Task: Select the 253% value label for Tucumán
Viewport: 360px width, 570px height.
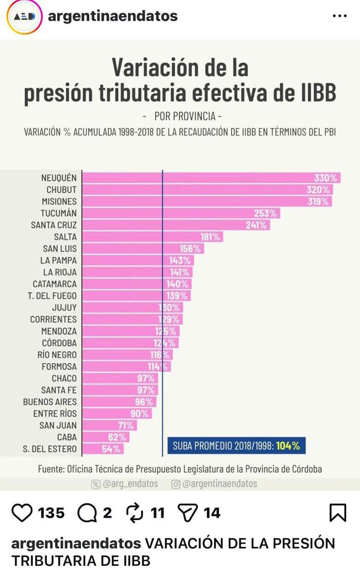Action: (x=265, y=213)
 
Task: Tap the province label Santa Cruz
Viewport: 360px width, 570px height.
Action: (x=54, y=225)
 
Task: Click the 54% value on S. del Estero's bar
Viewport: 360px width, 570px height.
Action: (x=111, y=449)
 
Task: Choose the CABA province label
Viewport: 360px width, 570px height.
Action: (x=66, y=437)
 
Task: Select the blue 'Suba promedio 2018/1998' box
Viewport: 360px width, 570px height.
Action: (x=236, y=446)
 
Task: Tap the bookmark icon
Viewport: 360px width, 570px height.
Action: (x=338, y=513)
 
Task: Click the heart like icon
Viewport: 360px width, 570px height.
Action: (x=22, y=513)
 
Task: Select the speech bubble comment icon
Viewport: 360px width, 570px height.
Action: (x=86, y=513)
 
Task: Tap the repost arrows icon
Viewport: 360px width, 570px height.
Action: (x=135, y=513)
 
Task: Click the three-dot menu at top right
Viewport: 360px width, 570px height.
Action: (x=339, y=16)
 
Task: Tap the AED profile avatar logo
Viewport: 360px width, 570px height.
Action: (x=24, y=16)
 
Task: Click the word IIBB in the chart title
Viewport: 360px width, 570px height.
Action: (x=316, y=92)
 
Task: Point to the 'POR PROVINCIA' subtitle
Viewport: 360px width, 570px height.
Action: (x=185, y=116)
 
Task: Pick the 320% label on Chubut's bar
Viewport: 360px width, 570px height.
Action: (x=318, y=190)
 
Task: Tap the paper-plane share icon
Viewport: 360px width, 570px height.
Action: (x=188, y=513)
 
